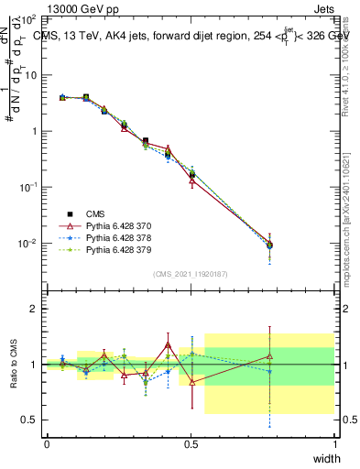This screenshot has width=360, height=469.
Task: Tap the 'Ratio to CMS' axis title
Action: click(x=14, y=364)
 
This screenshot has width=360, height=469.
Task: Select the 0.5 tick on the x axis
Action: click(x=191, y=443)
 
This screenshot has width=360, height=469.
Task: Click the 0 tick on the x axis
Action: click(x=47, y=443)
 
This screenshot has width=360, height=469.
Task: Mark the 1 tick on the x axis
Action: click(x=334, y=443)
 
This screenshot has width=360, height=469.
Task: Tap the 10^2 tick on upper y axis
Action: click(x=28, y=18)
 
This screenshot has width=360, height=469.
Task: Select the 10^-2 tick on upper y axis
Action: click(x=28, y=244)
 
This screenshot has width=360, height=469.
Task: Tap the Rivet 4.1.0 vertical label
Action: click(x=345, y=64)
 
